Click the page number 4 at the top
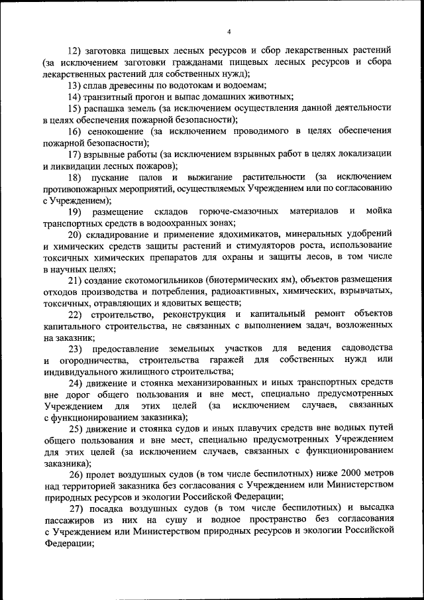click(x=229, y=32)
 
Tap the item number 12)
click(x=74, y=50)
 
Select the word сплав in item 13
click(x=100, y=86)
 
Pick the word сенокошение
click(x=117, y=132)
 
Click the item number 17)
click(x=74, y=155)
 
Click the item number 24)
click(x=74, y=383)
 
